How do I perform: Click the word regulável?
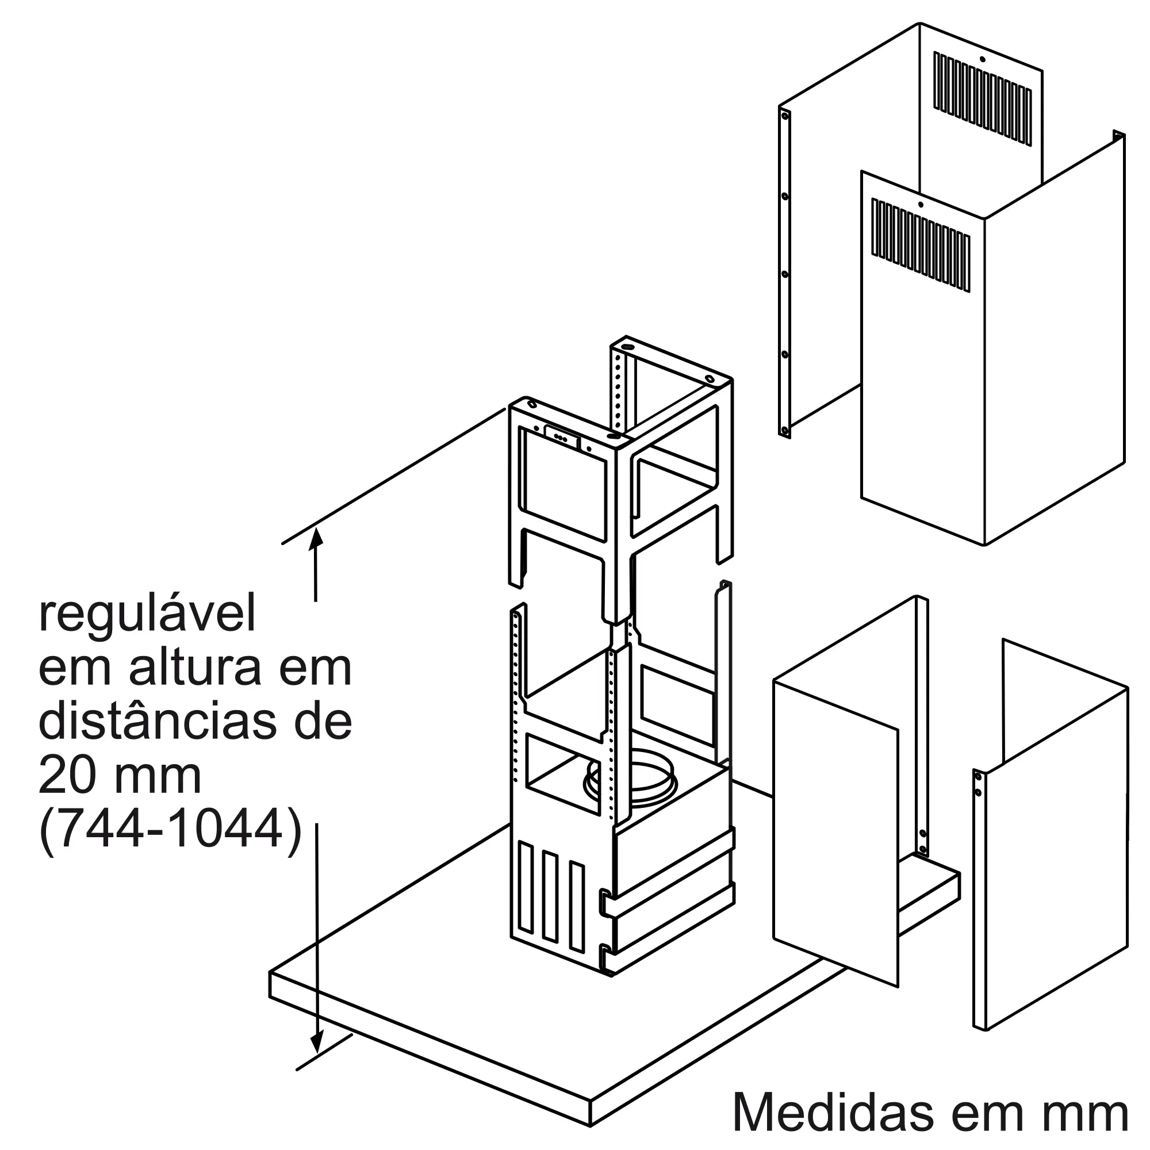(x=147, y=617)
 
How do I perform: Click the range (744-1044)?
(x=170, y=830)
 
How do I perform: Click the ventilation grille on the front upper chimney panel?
(x=920, y=246)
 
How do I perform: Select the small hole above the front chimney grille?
(x=920, y=205)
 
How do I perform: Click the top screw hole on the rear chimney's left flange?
(x=784, y=116)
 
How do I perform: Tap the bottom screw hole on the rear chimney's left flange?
(x=784, y=430)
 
